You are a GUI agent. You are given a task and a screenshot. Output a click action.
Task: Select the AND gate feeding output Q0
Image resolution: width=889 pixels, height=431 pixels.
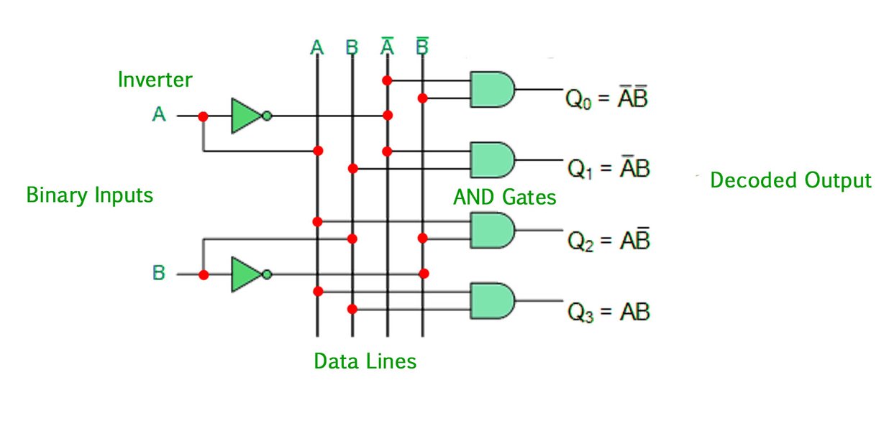point(491,89)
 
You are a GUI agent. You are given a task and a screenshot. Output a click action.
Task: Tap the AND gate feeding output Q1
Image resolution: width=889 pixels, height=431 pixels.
point(491,159)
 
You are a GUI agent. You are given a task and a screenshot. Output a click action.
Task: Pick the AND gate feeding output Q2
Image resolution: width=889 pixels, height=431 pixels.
point(491,230)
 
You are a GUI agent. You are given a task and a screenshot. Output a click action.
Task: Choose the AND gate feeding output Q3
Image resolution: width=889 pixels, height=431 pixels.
point(491,300)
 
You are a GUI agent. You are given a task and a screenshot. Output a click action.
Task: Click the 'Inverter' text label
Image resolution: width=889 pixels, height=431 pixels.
point(155,79)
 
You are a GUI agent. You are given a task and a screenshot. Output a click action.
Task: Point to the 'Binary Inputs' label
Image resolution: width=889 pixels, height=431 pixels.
point(89,195)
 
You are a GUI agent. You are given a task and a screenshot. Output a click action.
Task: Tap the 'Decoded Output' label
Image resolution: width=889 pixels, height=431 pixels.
point(790,180)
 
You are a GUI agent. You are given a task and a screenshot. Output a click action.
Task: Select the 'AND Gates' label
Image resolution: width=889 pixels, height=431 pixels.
point(504,197)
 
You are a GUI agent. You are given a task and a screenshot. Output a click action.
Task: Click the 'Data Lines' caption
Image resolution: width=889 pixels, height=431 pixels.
point(365,361)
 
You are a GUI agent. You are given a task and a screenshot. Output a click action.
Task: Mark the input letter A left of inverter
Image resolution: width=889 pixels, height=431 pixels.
point(159,114)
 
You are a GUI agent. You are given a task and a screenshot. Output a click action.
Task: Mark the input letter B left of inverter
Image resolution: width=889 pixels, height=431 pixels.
point(159,274)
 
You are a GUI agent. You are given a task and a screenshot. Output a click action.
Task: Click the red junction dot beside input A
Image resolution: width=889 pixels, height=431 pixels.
point(204,116)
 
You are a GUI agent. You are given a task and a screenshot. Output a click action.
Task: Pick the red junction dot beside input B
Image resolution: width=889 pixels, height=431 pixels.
point(204,274)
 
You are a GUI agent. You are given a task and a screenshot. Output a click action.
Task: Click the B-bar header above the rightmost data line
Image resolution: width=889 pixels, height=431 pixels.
point(423,47)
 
